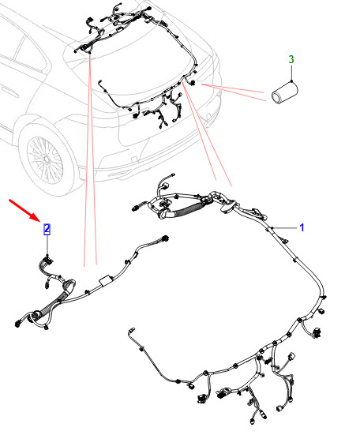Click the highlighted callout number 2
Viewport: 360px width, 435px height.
click(x=47, y=229)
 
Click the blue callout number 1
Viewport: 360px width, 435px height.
click(x=302, y=227)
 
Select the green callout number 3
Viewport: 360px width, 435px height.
click(x=291, y=59)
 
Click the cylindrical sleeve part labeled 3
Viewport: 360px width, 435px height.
click(x=284, y=92)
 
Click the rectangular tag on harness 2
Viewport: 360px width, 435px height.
click(x=106, y=280)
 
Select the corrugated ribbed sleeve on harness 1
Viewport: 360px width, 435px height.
click(x=188, y=209)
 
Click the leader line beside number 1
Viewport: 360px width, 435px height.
click(x=285, y=228)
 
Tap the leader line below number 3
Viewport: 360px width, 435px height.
click(x=291, y=73)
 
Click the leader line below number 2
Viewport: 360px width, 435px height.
click(x=47, y=246)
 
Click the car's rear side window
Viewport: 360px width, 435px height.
click(x=31, y=53)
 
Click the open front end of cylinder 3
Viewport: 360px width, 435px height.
click(x=276, y=98)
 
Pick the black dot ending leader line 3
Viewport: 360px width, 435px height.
click(x=291, y=81)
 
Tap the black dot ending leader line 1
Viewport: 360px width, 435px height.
click(x=272, y=228)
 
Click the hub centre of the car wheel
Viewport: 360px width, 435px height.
click(x=47, y=159)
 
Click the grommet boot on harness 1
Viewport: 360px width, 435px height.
click(x=229, y=206)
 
